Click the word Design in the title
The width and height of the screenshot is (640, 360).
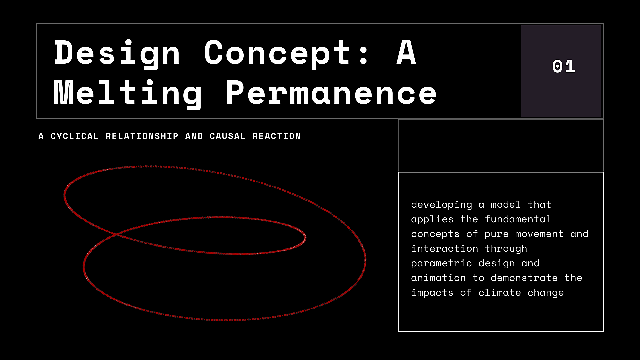click(117, 53)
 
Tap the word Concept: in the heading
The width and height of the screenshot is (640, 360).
click(286, 53)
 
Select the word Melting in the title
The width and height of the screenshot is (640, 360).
click(128, 94)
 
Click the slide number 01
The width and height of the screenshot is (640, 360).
click(564, 66)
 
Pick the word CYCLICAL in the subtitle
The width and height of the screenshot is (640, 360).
click(74, 136)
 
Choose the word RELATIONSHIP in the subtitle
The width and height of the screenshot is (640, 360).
click(142, 136)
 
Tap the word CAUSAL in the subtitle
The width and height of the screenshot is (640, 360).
click(227, 136)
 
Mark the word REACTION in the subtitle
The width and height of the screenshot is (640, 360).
click(276, 136)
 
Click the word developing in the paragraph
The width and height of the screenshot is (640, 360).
click(442, 205)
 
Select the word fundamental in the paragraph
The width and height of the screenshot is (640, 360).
click(518, 219)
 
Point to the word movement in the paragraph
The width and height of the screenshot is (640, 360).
click(539, 234)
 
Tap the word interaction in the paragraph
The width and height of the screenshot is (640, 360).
click(445, 248)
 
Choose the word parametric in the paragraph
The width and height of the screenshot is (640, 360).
click(442, 263)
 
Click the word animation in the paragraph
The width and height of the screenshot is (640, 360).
click(439, 278)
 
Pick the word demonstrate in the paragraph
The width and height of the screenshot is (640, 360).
click(524, 278)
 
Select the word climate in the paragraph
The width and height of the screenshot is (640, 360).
click(500, 292)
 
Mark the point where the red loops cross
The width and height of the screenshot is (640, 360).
click(116, 234)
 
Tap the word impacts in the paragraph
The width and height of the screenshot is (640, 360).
click(432, 293)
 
